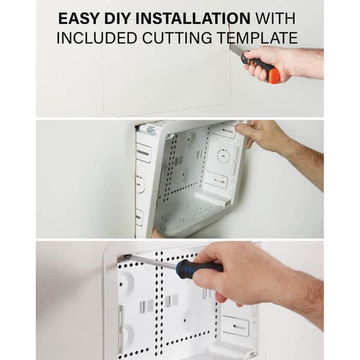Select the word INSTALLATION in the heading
pos(193,19)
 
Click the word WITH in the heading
pos(275,19)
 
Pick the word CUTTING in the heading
pos(177,38)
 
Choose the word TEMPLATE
pos(257,38)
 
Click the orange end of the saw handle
pos(275,75)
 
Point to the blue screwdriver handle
pos(198,268)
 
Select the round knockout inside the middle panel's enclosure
pos(223,155)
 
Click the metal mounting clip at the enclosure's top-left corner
pos(149,130)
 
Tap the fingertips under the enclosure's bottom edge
pos(157,233)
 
